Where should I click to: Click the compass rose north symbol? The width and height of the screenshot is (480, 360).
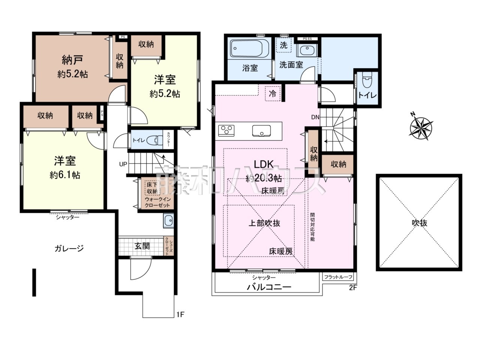point(421,126)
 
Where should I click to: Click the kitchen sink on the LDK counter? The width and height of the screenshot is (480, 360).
point(261,130)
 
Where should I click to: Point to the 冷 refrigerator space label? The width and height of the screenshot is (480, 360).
point(273,93)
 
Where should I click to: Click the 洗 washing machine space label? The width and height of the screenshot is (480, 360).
point(283,45)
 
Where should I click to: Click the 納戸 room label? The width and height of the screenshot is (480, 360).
point(72,60)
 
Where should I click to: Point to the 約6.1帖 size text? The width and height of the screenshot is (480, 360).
point(65,175)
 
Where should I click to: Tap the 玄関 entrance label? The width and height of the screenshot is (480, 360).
point(142,246)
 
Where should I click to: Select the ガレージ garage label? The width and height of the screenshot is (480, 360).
point(69,248)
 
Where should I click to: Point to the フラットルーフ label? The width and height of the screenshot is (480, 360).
point(338,277)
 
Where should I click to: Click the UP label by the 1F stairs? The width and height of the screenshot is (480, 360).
point(123,164)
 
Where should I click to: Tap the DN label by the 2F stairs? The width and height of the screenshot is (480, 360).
point(315,117)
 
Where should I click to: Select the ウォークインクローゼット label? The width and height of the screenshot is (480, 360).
point(157,202)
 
